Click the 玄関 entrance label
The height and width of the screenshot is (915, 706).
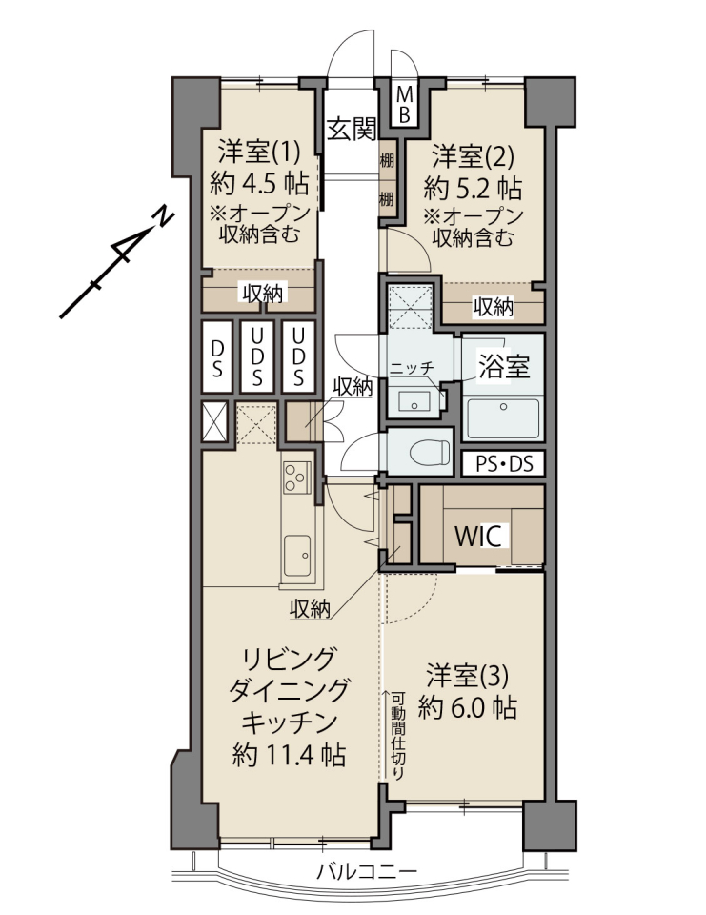point(352,129)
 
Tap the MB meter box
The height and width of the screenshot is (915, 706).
point(404,104)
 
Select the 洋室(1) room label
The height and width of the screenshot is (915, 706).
point(258,152)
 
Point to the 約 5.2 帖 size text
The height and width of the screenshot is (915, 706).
point(473,188)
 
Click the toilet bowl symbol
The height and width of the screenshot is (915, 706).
point(431,451)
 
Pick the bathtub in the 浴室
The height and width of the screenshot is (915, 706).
point(504,417)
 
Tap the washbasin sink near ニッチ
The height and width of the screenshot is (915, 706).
point(414,401)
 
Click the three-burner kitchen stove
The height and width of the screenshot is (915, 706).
point(296,477)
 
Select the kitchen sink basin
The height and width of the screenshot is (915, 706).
point(297,555)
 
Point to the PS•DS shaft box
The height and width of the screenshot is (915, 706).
point(504,464)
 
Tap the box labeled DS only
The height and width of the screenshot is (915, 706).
point(217,357)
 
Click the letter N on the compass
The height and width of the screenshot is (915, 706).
point(163,216)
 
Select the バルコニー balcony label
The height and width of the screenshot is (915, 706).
point(367,872)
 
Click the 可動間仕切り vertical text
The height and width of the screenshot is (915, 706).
point(397,736)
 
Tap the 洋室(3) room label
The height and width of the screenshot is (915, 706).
point(467,677)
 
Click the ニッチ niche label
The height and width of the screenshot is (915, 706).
point(412,368)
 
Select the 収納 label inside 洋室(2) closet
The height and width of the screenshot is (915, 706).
point(493,306)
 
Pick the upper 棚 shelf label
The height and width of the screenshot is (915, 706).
point(386,160)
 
